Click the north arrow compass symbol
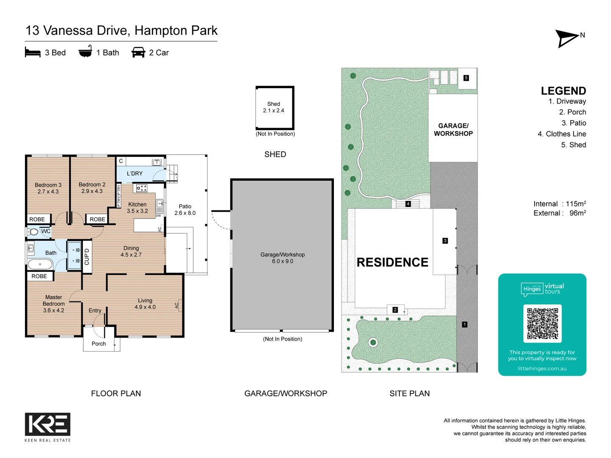pos(567,39)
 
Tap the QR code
pos(542,324)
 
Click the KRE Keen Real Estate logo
pos(48,424)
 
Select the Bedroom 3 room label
pos(48,188)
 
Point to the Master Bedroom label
pos(53,304)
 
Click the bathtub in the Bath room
pos(40,264)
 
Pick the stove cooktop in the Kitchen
pos(141,188)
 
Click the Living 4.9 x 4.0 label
pos(145,304)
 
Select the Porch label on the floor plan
pos(99,344)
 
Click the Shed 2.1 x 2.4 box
pos(275,108)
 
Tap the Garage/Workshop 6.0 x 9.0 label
pos(283,258)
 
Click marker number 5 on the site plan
pos(466,78)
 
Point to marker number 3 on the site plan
pos(445,241)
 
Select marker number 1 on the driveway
pos(465,324)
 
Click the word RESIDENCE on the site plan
pos(392,263)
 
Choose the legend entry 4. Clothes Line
pos(562,134)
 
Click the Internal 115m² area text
pos(559,204)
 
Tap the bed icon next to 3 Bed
pos(33,53)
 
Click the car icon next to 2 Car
pos(138,53)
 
